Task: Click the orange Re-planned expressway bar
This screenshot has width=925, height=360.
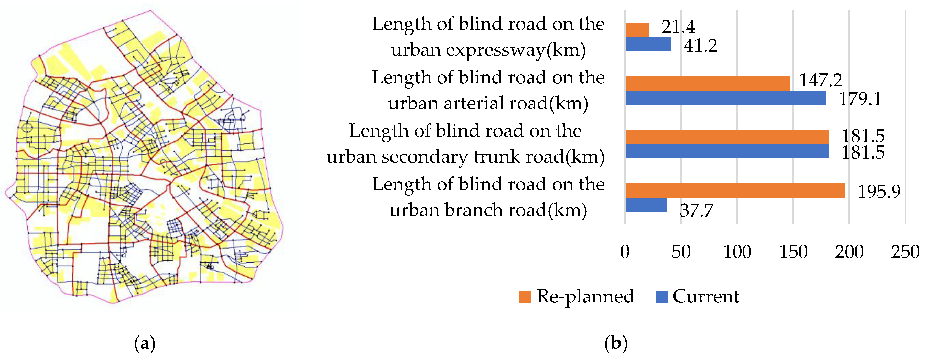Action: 637,30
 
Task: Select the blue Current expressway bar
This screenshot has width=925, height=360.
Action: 648,44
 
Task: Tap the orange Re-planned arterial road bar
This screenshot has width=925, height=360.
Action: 708,84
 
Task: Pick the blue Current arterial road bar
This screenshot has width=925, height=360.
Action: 725,98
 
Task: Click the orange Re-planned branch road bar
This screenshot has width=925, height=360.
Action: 735,190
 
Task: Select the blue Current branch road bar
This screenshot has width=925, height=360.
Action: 646,205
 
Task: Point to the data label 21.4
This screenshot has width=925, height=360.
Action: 678,27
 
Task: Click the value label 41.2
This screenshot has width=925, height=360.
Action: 701,46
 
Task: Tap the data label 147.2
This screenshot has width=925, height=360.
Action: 821,80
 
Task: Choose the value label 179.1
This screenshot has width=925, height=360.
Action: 860,99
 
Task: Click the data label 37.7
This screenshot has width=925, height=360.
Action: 696,210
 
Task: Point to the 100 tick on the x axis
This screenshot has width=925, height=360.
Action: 737,252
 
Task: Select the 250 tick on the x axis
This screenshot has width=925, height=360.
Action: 905,252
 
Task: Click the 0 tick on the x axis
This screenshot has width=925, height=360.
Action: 625,252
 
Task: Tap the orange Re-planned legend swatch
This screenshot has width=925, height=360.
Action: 525,297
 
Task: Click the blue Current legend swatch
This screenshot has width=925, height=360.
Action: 661,297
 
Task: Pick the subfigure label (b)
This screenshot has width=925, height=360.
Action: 616,343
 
